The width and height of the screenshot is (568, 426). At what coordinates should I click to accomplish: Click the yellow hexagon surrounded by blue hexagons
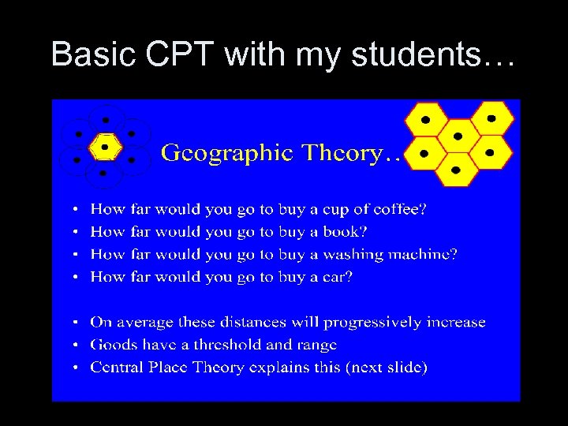[105, 146]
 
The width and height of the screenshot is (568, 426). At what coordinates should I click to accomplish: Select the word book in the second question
[346, 232]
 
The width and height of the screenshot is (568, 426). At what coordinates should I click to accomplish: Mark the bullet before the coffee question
[74, 210]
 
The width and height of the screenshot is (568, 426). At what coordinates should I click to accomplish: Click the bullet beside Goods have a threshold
[74, 346]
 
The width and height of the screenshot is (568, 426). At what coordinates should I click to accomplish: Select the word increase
[456, 323]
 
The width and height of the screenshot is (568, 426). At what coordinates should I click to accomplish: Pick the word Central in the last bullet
[117, 368]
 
